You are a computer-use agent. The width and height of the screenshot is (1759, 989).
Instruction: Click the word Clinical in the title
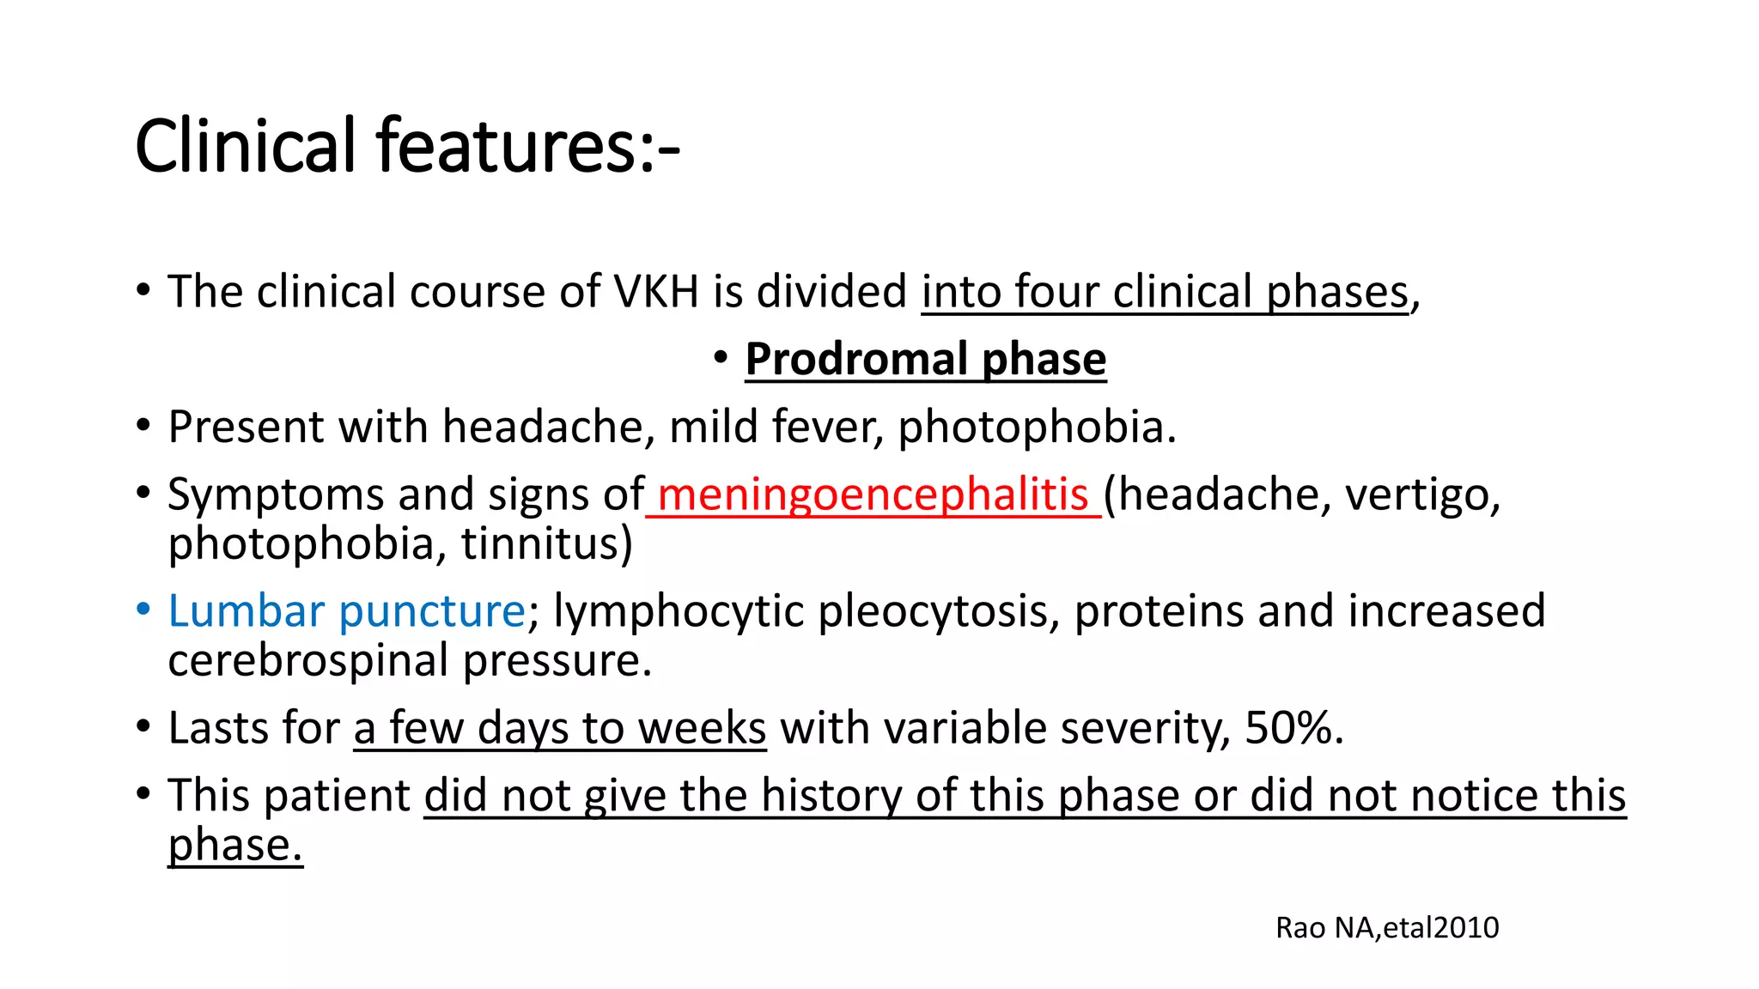click(245, 146)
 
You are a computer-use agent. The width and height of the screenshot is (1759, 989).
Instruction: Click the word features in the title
click(505, 146)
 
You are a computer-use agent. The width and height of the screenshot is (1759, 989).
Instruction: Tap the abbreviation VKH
click(656, 292)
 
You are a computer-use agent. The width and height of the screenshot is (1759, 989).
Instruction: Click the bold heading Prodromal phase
click(925, 359)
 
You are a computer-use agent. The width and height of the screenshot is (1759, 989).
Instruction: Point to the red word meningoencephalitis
click(873, 494)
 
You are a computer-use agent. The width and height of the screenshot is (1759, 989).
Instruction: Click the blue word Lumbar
click(247, 611)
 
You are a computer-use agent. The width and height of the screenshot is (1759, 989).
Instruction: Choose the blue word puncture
click(431, 611)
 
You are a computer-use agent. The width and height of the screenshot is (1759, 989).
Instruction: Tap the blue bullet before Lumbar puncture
click(143, 610)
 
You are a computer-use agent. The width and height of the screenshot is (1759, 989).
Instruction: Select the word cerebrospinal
click(308, 661)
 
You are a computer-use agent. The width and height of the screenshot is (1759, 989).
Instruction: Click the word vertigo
click(1421, 494)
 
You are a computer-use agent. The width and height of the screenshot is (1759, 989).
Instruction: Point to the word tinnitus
click(546, 544)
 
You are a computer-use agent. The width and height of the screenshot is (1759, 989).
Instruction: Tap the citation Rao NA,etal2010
click(1386, 928)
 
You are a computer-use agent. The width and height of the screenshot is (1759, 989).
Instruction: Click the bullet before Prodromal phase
click(721, 357)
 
